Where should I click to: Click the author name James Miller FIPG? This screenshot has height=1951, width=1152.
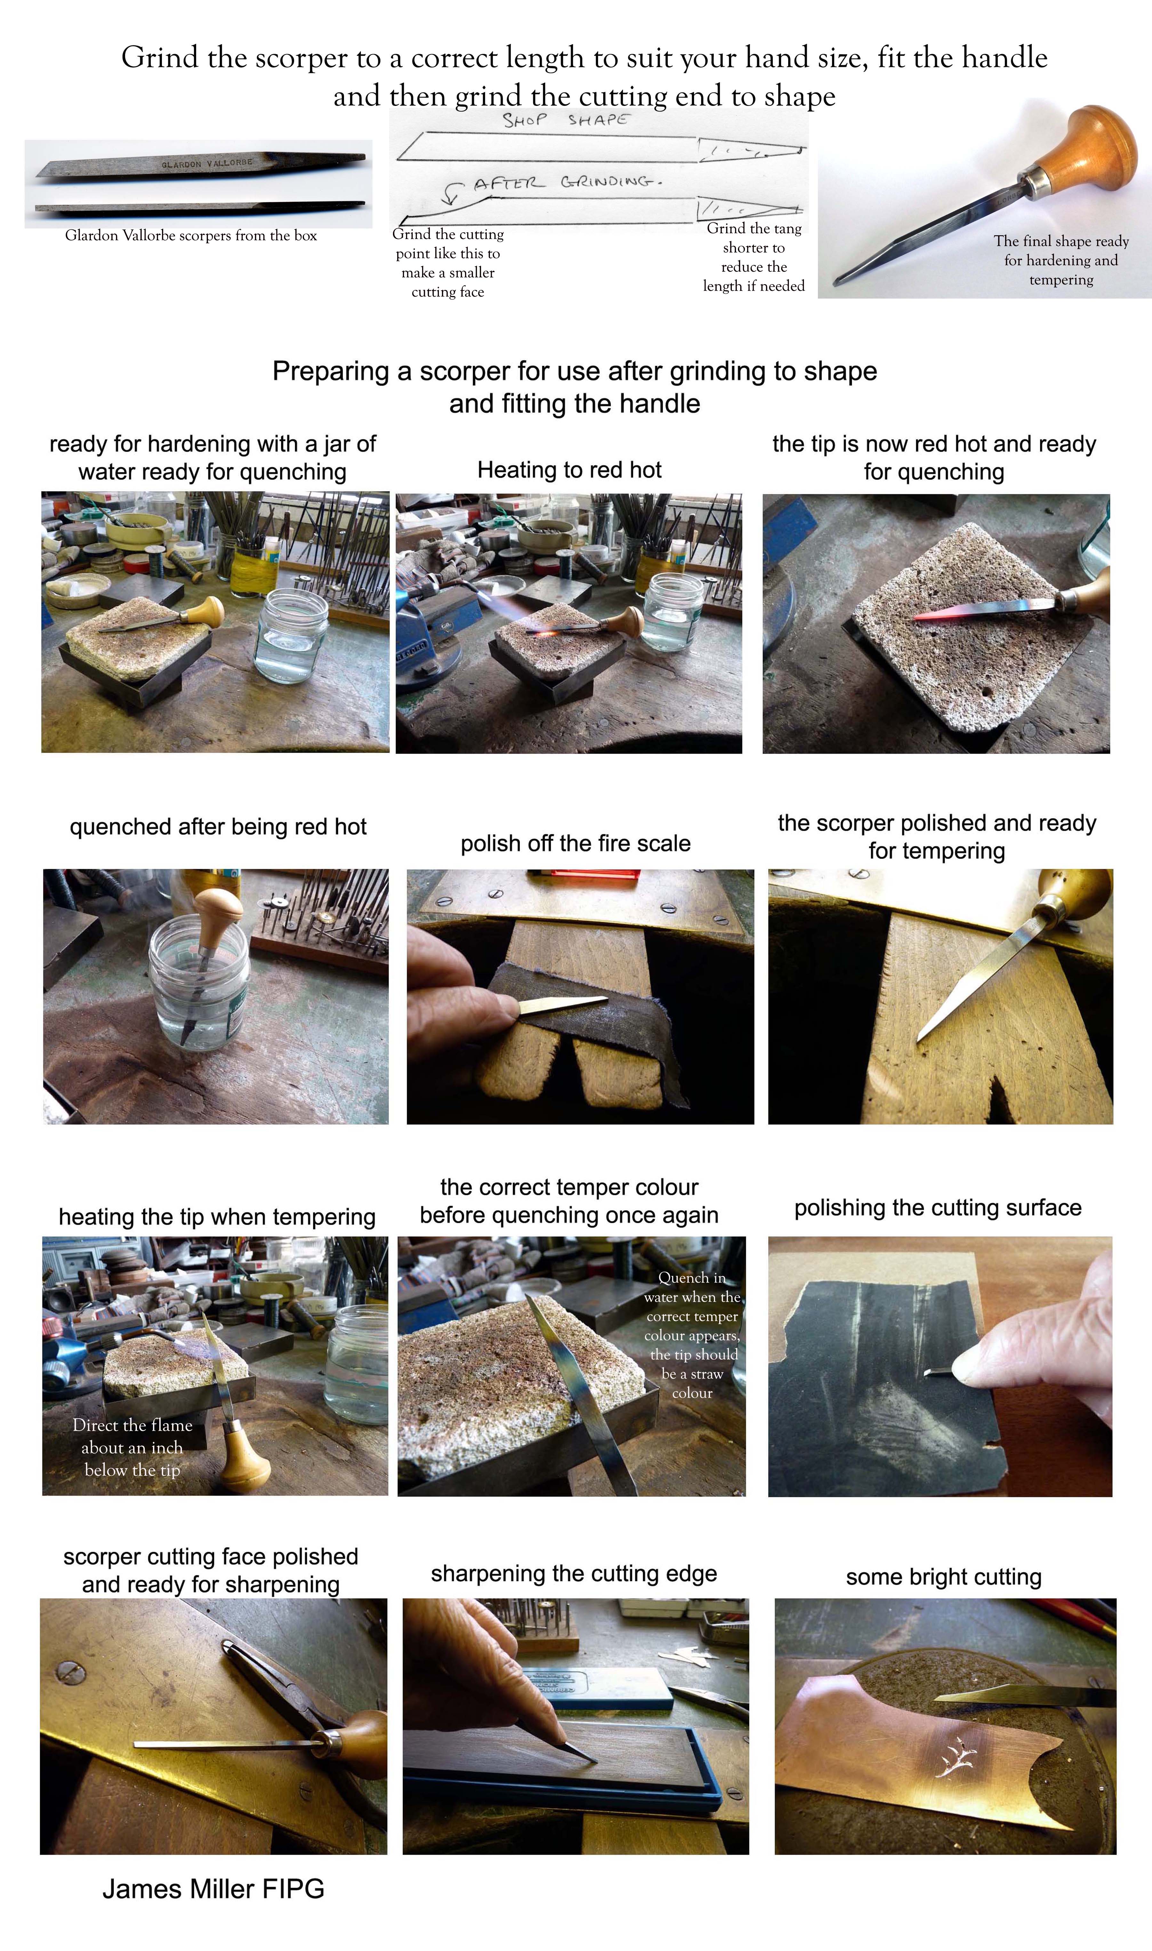pos(213,1888)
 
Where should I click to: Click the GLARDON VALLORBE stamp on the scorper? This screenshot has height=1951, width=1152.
pos(207,164)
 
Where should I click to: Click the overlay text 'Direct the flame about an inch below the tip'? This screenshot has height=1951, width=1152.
pos(132,1447)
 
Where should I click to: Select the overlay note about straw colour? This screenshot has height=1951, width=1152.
pos(692,1335)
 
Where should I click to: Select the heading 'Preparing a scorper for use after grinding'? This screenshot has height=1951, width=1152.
pos(574,371)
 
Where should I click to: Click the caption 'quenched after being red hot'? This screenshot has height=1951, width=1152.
pos(218,827)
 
